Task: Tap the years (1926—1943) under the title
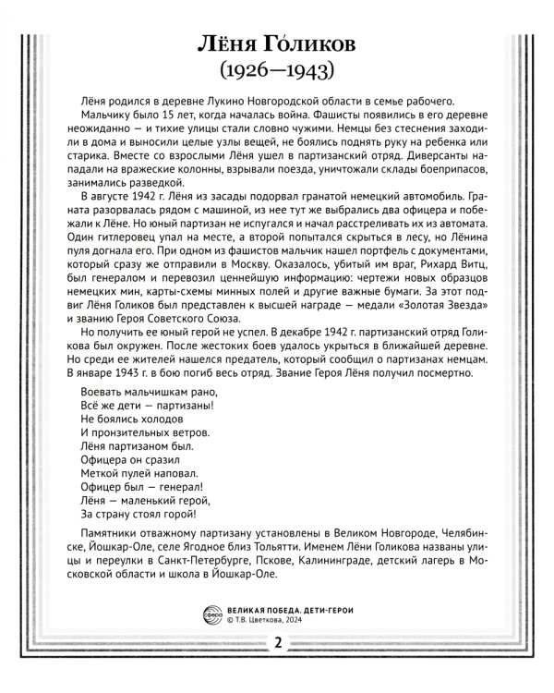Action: click(277, 71)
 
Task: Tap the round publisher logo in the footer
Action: click(210, 614)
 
